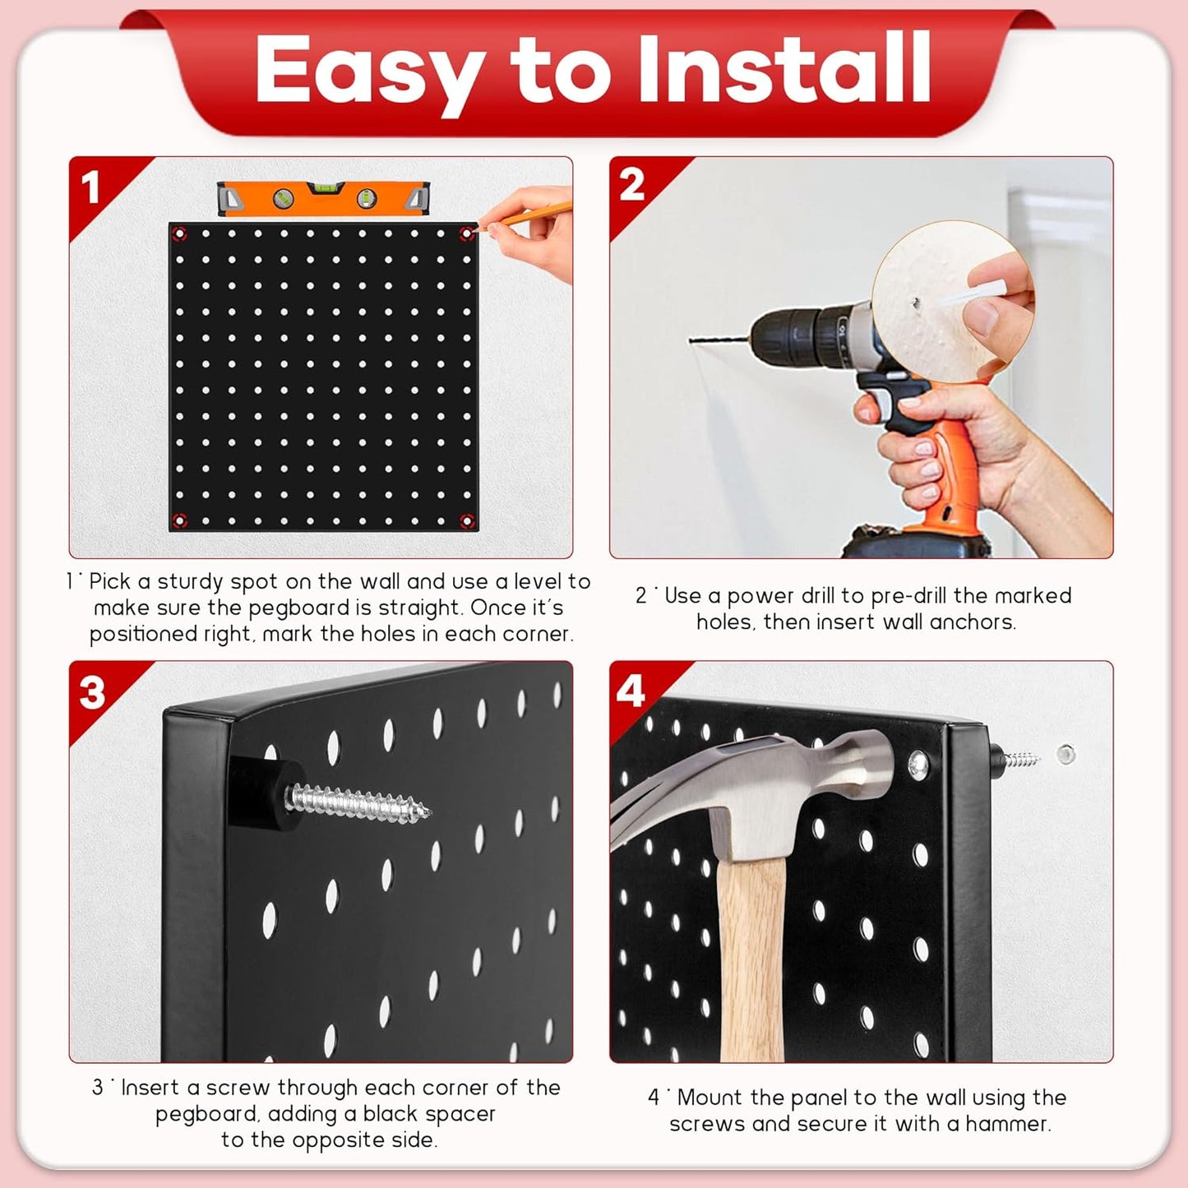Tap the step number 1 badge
[x=91, y=187]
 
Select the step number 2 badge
[x=631, y=185]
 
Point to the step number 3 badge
[x=92, y=692]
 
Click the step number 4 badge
[x=631, y=691]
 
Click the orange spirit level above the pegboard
[x=323, y=198]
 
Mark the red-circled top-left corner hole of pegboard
[x=179, y=234]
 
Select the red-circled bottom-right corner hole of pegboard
[x=467, y=520]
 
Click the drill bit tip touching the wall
[x=692, y=340]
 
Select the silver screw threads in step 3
[x=362, y=803]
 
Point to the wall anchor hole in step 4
[x=1066, y=752]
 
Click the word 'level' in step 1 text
[x=539, y=581]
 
